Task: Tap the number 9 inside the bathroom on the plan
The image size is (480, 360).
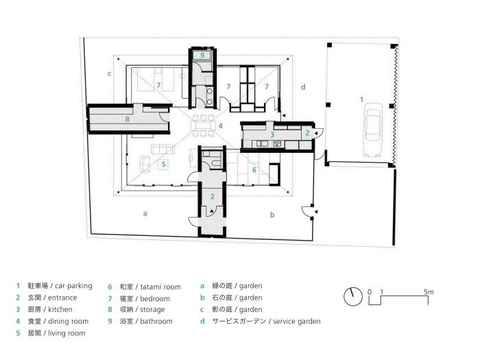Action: click(x=203, y=54)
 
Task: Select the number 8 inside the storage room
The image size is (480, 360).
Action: click(x=127, y=119)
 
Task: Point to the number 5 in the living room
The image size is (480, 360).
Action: click(x=163, y=164)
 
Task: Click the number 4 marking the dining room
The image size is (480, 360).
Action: click(x=220, y=126)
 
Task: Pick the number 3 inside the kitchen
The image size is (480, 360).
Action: click(x=272, y=135)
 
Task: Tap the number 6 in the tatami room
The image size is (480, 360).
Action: click(x=254, y=169)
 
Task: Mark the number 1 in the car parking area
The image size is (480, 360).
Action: click(x=362, y=100)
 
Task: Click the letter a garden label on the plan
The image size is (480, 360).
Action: click(x=145, y=213)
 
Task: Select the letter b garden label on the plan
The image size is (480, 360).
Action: click(x=272, y=215)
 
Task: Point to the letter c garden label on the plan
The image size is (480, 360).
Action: click(x=109, y=73)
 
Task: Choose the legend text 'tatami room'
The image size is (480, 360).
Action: click(x=159, y=286)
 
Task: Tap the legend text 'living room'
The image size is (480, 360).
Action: click(x=67, y=333)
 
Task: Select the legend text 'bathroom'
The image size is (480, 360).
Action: click(x=155, y=321)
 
